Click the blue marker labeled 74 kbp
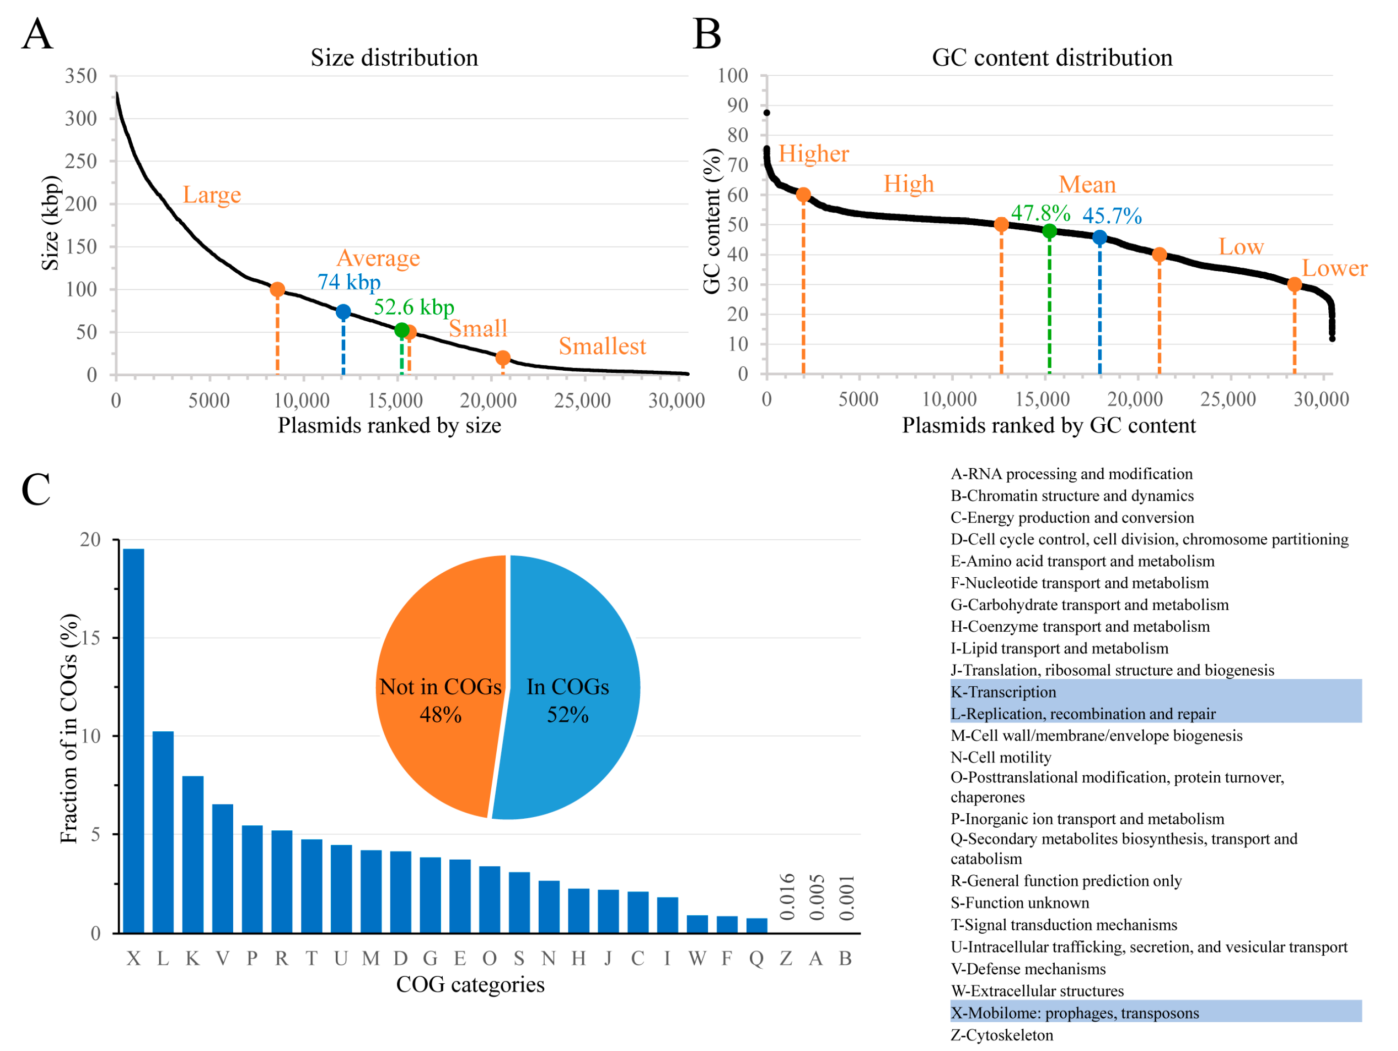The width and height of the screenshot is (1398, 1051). [343, 312]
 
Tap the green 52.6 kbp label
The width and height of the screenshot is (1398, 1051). [413, 308]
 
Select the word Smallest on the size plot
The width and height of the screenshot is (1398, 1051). [602, 346]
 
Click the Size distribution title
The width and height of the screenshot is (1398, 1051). [394, 58]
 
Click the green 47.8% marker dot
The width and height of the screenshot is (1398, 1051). [1049, 231]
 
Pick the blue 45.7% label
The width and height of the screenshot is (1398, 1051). [1112, 216]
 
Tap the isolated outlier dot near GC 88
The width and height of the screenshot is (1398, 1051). [766, 113]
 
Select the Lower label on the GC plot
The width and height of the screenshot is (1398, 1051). [1334, 269]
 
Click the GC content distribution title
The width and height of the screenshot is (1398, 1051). [1052, 58]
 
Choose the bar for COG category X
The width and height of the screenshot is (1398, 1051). [133, 740]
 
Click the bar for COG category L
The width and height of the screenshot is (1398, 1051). [163, 832]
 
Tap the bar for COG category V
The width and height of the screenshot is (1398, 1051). [223, 868]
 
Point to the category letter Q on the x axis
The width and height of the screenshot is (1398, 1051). [756, 959]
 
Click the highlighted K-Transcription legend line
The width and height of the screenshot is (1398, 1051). [1003, 692]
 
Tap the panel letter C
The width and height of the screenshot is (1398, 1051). [35, 489]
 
